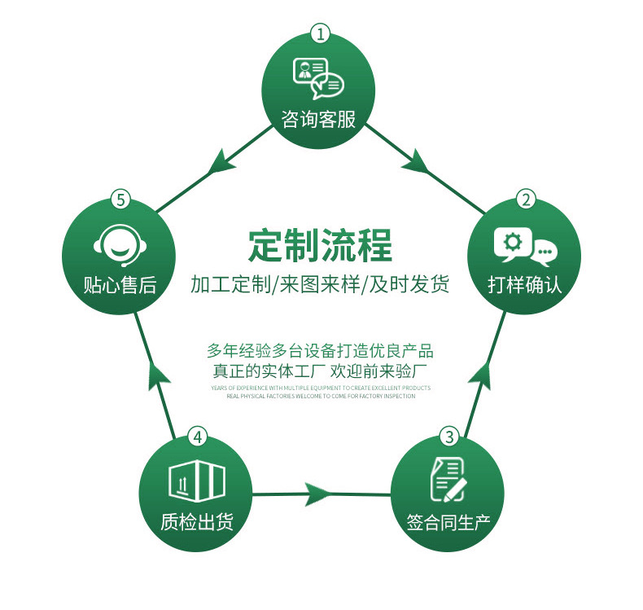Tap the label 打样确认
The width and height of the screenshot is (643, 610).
point(525,285)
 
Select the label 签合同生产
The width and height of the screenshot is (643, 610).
point(448,522)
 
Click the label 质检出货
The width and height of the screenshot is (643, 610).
point(197,522)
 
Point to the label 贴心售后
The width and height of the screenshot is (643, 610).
point(120,285)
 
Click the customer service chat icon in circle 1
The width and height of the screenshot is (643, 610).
point(318,77)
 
